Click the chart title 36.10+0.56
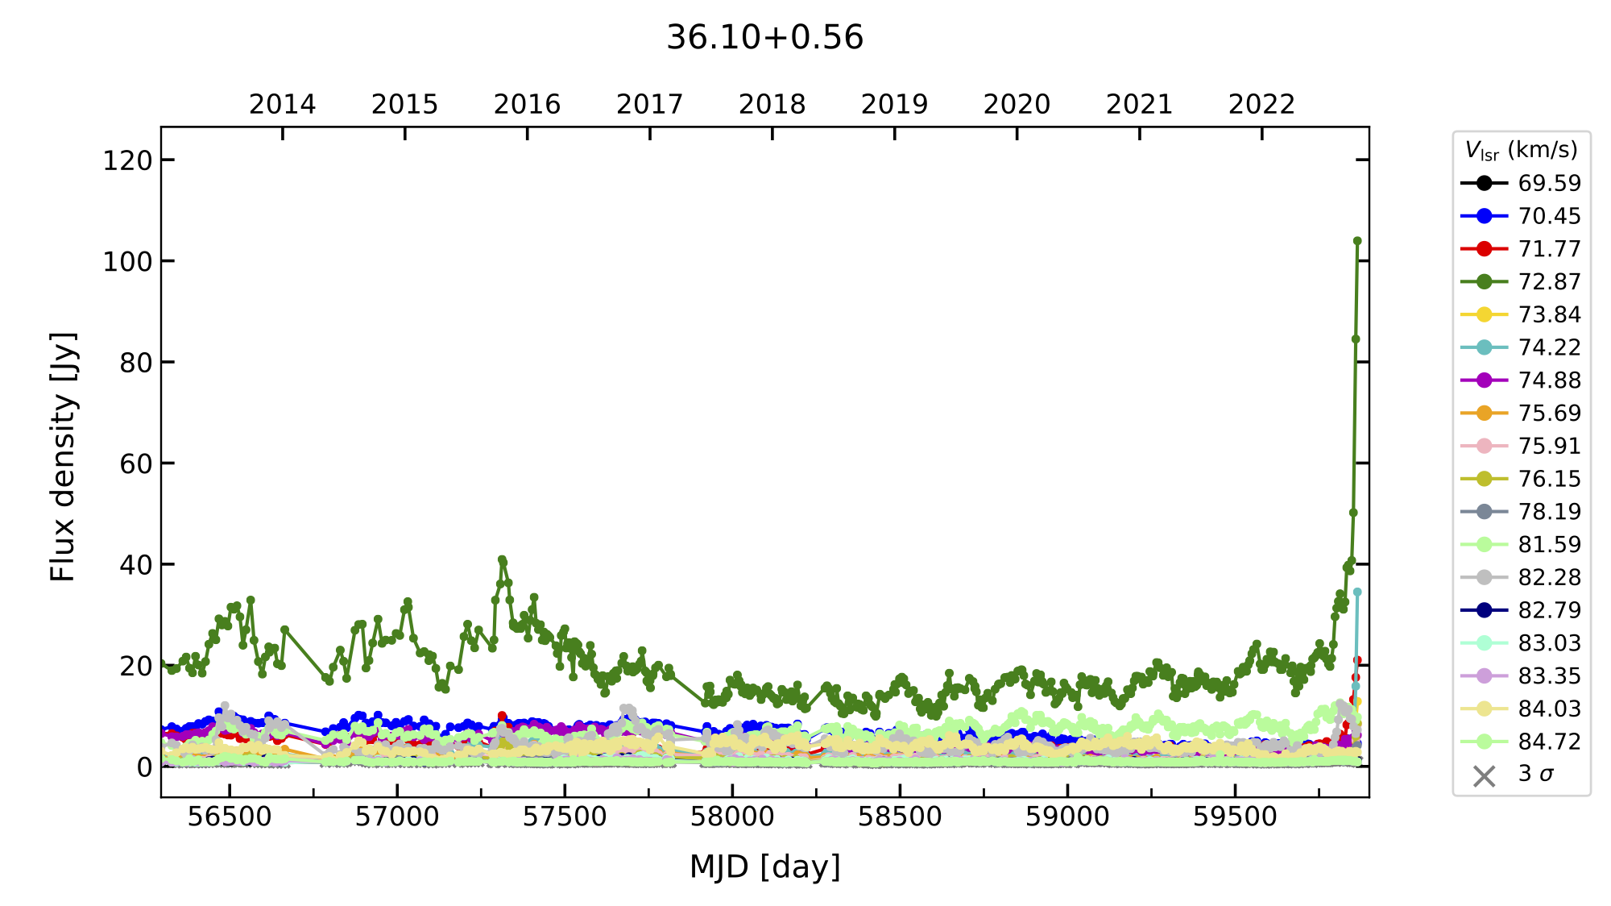click(764, 37)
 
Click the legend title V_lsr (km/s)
click(1521, 151)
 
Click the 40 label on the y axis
click(135, 565)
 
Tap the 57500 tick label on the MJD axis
click(565, 817)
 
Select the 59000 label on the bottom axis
click(1067, 817)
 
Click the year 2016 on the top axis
click(527, 105)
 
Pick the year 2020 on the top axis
click(1017, 105)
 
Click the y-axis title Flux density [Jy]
click(63, 457)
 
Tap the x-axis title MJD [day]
click(764, 867)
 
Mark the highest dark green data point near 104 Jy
click(1357, 241)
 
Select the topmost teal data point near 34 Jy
click(1357, 592)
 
